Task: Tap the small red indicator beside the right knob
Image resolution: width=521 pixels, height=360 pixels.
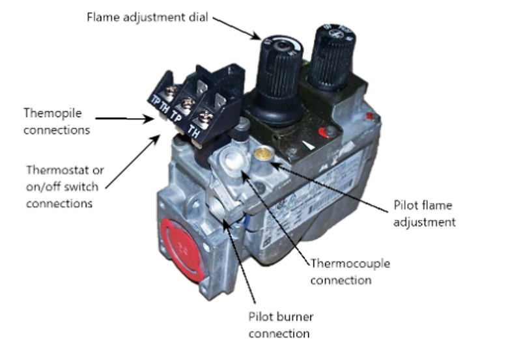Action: coord(372,117)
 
